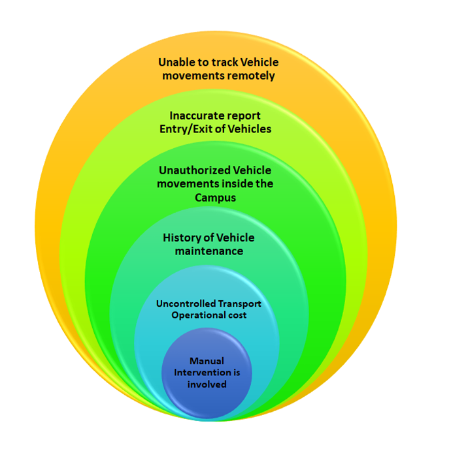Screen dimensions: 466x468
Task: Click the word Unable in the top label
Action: [176, 63]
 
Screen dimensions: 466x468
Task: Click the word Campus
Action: [215, 197]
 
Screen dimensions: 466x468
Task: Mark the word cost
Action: [237, 315]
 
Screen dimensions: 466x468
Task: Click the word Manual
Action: [207, 360]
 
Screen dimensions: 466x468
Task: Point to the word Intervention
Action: [202, 372]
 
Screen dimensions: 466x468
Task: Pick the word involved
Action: [207, 384]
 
